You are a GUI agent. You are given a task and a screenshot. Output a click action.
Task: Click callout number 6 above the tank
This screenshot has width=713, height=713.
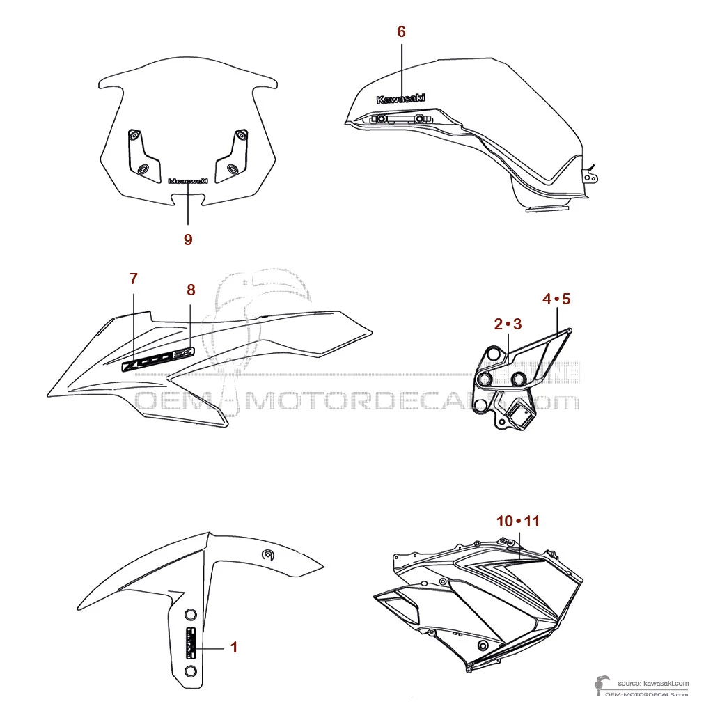pyautogui.click(x=401, y=31)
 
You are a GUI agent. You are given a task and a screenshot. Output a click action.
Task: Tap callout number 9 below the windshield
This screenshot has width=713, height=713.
pyautogui.click(x=188, y=239)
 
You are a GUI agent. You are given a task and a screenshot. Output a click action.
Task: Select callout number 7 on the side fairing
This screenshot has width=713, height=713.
pyautogui.click(x=134, y=279)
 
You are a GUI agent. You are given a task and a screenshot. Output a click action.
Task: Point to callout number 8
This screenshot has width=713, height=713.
pyautogui.click(x=191, y=290)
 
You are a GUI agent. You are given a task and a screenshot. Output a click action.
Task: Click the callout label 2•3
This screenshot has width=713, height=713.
pyautogui.click(x=508, y=324)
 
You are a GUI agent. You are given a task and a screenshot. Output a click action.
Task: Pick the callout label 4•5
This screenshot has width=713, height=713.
pyautogui.click(x=556, y=299)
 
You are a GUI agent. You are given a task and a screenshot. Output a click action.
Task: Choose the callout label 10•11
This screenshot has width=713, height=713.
pyautogui.click(x=518, y=521)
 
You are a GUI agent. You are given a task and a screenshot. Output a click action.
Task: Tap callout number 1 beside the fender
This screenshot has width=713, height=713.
pyautogui.click(x=234, y=647)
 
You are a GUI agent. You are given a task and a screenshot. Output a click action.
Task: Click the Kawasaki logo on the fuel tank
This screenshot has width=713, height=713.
pyautogui.click(x=400, y=99)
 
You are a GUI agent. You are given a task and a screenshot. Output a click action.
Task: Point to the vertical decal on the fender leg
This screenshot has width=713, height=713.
pyautogui.click(x=190, y=642)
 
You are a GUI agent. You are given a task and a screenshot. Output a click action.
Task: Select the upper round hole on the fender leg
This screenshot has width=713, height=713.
pyautogui.click(x=190, y=616)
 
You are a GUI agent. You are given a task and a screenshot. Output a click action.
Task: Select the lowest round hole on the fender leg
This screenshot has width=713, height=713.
pyautogui.click(x=190, y=671)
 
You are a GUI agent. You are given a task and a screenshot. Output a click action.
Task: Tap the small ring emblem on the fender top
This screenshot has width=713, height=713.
pyautogui.click(x=267, y=554)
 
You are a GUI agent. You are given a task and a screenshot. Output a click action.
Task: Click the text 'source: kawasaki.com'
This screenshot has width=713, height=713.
pyautogui.click(x=647, y=684)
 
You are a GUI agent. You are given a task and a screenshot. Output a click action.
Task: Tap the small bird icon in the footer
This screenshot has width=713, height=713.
pyautogui.click(x=600, y=685)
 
